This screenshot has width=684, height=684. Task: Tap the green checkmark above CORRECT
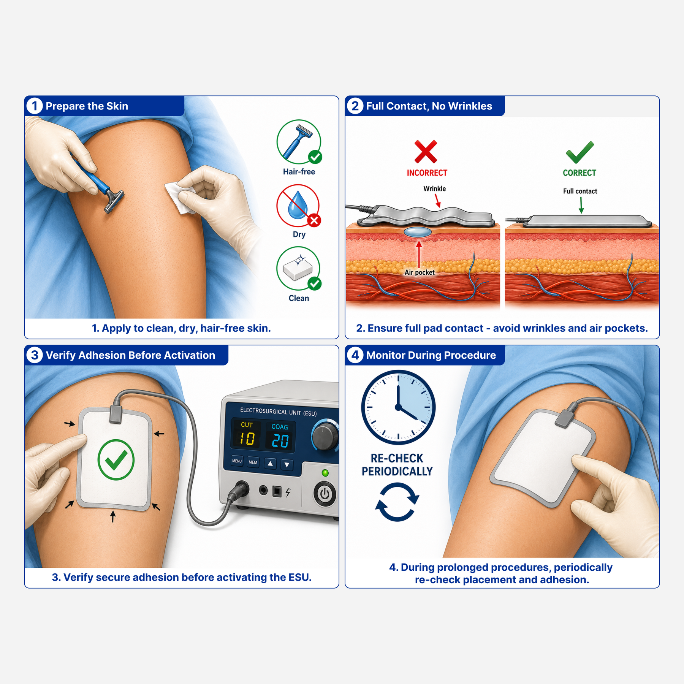click(x=579, y=152)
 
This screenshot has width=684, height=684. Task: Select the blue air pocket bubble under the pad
click(x=418, y=232)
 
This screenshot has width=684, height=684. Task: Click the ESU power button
click(x=325, y=494)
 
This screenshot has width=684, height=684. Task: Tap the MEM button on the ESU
click(x=253, y=462)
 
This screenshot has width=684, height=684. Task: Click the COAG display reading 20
click(x=280, y=441)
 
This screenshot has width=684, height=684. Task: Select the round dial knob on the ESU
click(x=325, y=437)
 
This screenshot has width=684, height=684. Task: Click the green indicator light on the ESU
click(x=325, y=473)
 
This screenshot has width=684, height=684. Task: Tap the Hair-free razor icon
click(x=299, y=142)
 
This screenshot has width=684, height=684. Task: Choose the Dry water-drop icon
click(x=298, y=206)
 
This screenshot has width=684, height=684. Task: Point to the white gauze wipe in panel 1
click(x=180, y=196)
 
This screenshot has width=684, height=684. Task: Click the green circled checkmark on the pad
click(x=116, y=460)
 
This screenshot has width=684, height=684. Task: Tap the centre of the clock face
click(x=398, y=407)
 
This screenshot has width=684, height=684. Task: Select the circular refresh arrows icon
click(x=397, y=502)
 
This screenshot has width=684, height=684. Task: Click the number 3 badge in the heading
click(x=35, y=355)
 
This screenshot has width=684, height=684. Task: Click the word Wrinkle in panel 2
click(x=435, y=188)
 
